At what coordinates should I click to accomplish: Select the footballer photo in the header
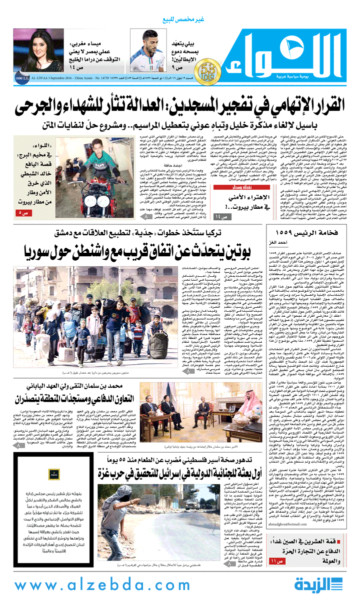(148, 50)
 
